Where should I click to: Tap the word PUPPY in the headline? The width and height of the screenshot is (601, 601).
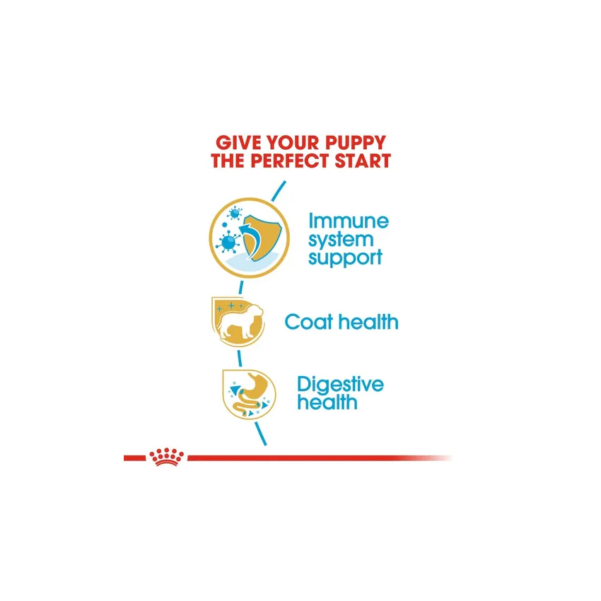point(356,143)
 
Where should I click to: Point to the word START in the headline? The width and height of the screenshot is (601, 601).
point(363,161)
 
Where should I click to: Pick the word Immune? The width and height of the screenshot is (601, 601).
point(349,221)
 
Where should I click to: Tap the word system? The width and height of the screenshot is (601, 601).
point(341,240)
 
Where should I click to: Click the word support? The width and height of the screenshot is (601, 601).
point(345,258)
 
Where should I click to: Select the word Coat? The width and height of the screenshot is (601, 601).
point(308,322)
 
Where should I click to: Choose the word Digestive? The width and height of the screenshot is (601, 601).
point(340,384)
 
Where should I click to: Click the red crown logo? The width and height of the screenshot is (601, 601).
point(166,457)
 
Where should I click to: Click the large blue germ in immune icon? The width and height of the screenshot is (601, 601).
point(228,243)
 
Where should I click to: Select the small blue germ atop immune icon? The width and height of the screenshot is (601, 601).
point(234,212)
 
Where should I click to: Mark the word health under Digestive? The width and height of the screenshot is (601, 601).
point(327,402)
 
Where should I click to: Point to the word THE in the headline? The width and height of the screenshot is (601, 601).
point(228,161)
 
